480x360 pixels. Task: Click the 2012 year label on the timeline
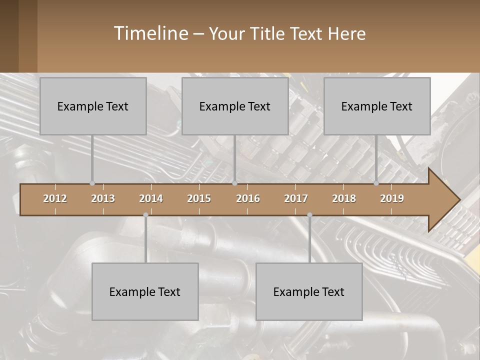[x=55, y=198]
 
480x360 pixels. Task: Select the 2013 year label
[x=103, y=198]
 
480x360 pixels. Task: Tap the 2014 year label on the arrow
[x=151, y=198]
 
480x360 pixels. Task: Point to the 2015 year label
[x=199, y=198]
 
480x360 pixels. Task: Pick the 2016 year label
[x=248, y=198]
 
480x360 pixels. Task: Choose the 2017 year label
[x=296, y=198]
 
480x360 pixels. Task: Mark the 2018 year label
[x=344, y=198]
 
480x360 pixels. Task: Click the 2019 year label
[x=392, y=198]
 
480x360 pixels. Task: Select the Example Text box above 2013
[x=93, y=106]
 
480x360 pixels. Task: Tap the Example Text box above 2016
[x=235, y=106]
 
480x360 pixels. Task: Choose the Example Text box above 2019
[x=377, y=106]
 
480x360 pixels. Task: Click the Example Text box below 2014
[x=145, y=291]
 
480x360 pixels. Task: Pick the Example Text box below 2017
[x=309, y=291]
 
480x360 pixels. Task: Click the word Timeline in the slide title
[x=150, y=33]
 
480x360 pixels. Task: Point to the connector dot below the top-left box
[x=92, y=183]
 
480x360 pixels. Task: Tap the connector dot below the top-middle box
[x=234, y=183]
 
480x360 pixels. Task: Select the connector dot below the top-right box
[x=376, y=183]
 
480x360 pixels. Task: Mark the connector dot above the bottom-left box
[x=145, y=215]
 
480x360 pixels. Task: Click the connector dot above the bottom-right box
[x=309, y=215]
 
